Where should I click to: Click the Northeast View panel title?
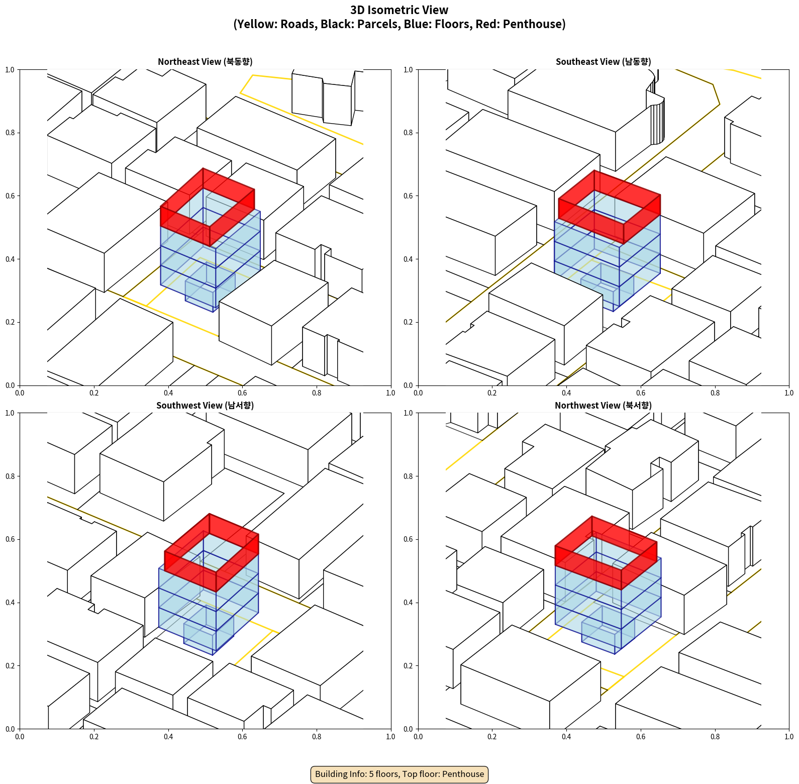coord(205,62)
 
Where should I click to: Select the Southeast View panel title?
coord(603,62)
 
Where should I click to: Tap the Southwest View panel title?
coord(205,406)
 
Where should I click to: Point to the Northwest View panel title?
coord(603,406)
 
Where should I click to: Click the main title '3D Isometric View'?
coord(399,10)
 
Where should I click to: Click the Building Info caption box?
coord(399,774)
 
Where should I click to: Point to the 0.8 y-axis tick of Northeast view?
coord(10,133)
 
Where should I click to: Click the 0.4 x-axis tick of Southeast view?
coord(566,393)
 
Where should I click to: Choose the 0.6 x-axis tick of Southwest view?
coord(242,737)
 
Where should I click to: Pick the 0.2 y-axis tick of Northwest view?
coord(409,665)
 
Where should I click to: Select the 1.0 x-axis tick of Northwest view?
coord(789,737)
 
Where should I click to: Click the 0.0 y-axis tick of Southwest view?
coord(10,729)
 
